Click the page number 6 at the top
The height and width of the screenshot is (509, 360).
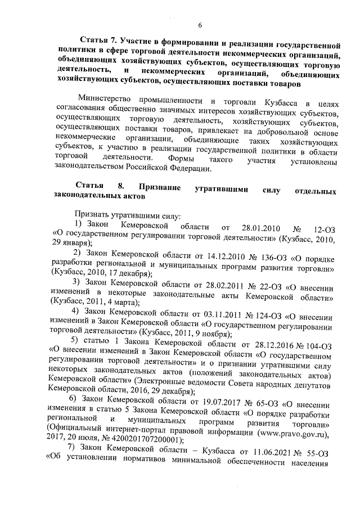[x=199, y=24]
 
